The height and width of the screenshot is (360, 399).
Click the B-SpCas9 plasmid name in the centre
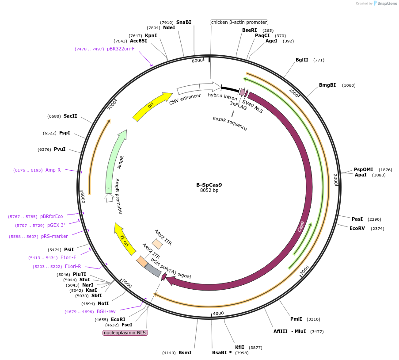[209, 185]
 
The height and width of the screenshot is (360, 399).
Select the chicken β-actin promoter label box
[239, 22]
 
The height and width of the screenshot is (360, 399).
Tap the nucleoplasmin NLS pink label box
[125, 333]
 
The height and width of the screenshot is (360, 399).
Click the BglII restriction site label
[302, 60]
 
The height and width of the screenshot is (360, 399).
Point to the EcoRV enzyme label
[357, 228]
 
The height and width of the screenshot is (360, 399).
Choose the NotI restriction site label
[103, 303]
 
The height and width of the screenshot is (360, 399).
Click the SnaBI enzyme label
[184, 22]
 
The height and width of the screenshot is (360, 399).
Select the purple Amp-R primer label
[53, 170]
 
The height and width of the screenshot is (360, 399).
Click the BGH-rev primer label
[106, 311]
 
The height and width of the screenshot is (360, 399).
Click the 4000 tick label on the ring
[218, 314]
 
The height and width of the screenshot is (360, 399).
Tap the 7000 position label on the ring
[113, 105]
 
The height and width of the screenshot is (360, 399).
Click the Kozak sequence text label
[230, 123]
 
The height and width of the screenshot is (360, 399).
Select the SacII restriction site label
[70, 116]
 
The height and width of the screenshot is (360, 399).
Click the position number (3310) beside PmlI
[313, 319]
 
